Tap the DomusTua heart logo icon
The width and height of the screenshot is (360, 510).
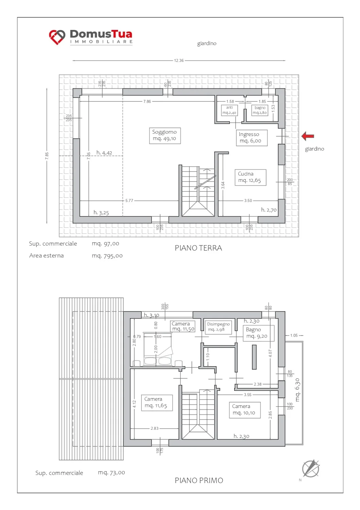click(x=57, y=37)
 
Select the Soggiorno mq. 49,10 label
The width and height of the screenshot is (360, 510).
click(x=165, y=135)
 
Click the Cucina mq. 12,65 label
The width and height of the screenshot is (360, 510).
click(x=250, y=177)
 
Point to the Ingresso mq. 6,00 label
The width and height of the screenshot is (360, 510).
click(x=252, y=138)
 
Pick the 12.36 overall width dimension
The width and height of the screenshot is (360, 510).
click(x=179, y=61)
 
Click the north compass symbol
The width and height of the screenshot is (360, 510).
click(x=311, y=468)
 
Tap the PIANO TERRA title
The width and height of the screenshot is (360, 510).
click(x=198, y=248)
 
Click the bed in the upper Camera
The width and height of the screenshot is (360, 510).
click(x=157, y=349)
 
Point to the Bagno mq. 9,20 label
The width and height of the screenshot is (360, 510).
click(x=258, y=333)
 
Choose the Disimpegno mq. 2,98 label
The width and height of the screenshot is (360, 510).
click(x=218, y=327)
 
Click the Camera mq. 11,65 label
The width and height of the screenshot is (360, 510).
click(x=157, y=403)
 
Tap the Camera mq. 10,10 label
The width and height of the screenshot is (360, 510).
click(x=244, y=410)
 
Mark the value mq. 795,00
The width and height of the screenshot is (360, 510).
click(x=107, y=256)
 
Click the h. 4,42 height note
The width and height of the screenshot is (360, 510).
click(x=104, y=153)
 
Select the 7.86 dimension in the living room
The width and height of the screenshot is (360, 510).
click(x=147, y=101)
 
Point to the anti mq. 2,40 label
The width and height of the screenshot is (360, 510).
click(x=229, y=110)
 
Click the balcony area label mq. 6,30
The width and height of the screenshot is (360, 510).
click(x=297, y=390)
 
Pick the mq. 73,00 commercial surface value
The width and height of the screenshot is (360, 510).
click(x=112, y=473)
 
